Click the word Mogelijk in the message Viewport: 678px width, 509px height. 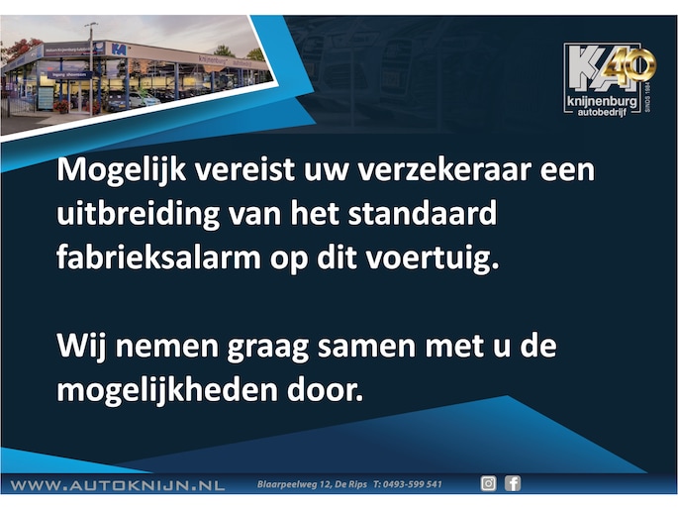[122, 170]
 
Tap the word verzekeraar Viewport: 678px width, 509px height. [445, 170]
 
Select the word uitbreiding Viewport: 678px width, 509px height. [139, 215]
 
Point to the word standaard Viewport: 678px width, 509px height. [423, 213]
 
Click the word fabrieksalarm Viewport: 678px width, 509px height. [158, 257]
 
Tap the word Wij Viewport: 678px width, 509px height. [82, 347]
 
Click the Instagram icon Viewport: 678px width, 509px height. [489, 483]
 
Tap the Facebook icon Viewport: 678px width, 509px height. [513, 483]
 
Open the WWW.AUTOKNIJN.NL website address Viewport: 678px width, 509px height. [117, 485]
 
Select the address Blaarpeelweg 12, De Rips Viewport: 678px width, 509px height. [312, 484]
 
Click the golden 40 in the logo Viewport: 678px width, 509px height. [630, 65]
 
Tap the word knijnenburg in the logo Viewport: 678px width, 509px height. [602, 102]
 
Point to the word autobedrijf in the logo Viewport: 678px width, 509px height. [602, 113]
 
